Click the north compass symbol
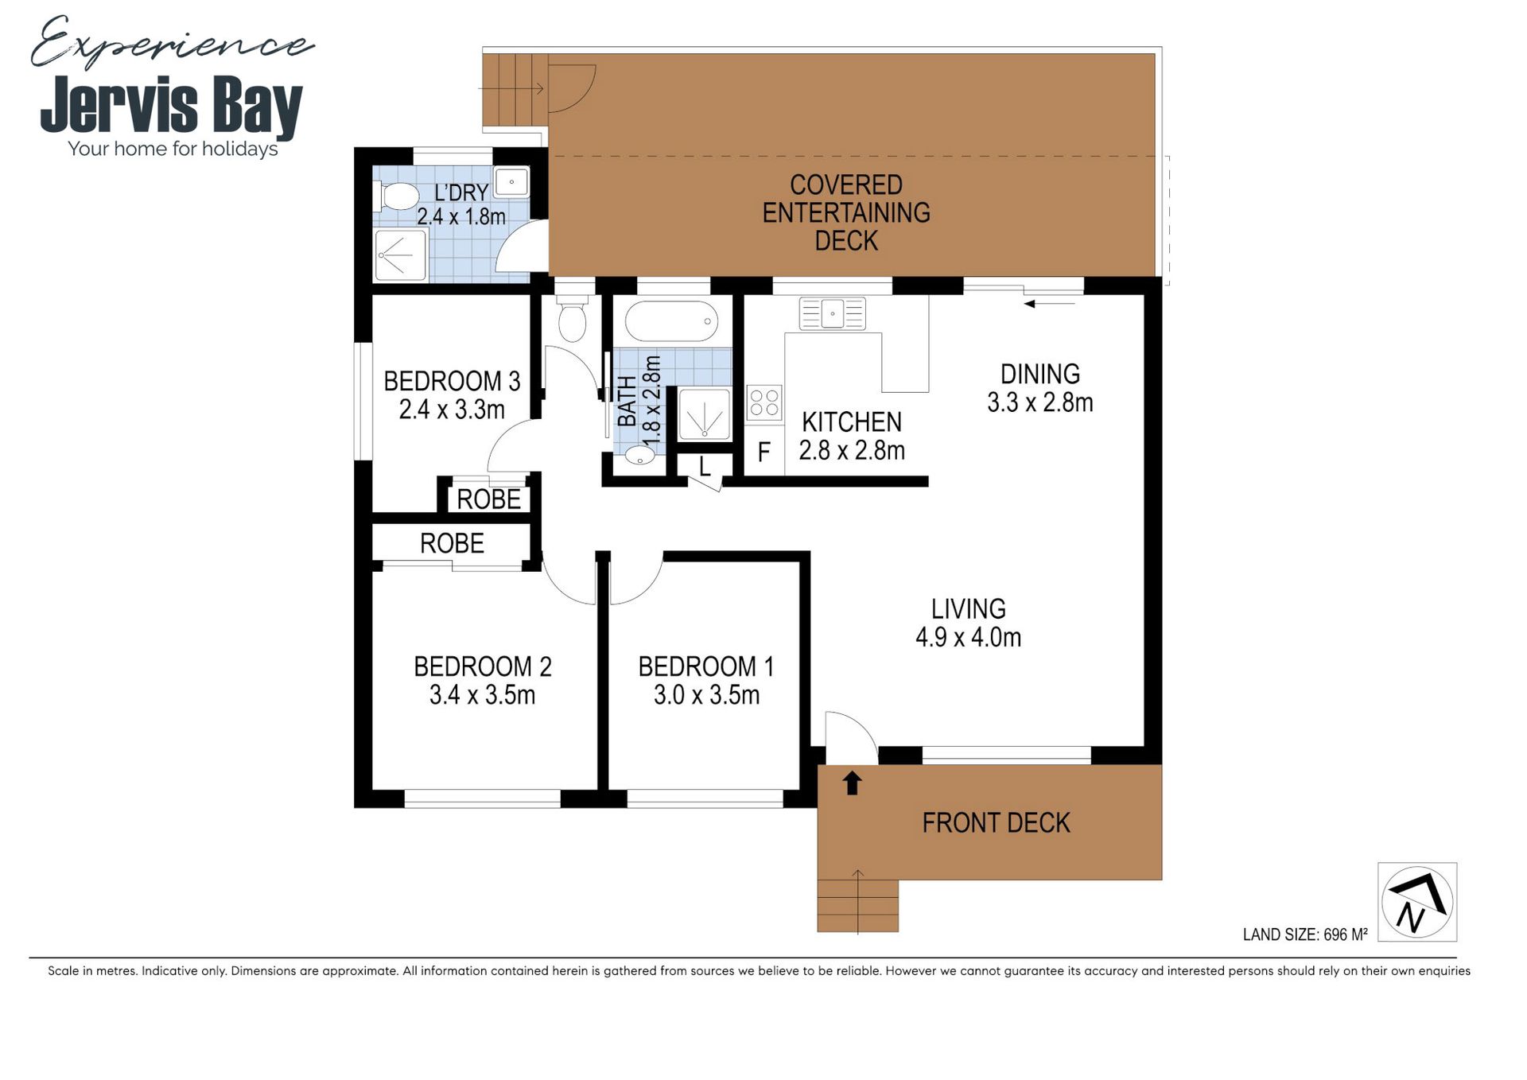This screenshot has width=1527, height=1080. (1417, 902)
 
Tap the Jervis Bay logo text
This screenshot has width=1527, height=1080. (172, 105)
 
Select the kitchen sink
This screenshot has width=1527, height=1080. (832, 313)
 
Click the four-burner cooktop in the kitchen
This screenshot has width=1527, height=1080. (763, 402)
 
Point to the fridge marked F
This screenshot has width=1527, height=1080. (763, 452)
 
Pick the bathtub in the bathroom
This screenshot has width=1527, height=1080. (671, 322)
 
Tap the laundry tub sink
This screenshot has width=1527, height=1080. (511, 182)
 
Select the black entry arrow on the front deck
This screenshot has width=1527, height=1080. (852, 783)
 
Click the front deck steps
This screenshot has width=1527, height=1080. (857, 905)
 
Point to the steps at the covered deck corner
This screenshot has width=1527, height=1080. (514, 90)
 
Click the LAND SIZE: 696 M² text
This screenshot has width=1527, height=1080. (1305, 934)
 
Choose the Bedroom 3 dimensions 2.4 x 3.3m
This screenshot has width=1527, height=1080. (452, 410)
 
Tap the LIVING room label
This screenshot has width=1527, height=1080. (969, 609)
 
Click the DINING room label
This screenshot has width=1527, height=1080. (1040, 374)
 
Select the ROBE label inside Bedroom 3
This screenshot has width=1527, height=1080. (488, 499)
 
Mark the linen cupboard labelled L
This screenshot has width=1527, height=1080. (705, 467)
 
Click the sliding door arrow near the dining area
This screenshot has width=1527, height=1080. (1049, 304)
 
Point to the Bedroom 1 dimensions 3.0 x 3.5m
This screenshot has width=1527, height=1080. (706, 695)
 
